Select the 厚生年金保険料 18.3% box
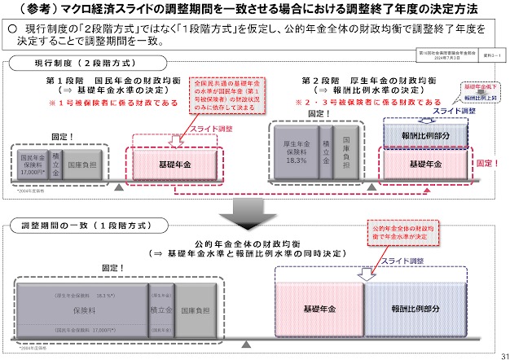(296, 140)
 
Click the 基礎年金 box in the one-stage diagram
(319, 310)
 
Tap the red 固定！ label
(487, 164)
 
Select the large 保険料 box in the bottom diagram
(80, 310)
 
